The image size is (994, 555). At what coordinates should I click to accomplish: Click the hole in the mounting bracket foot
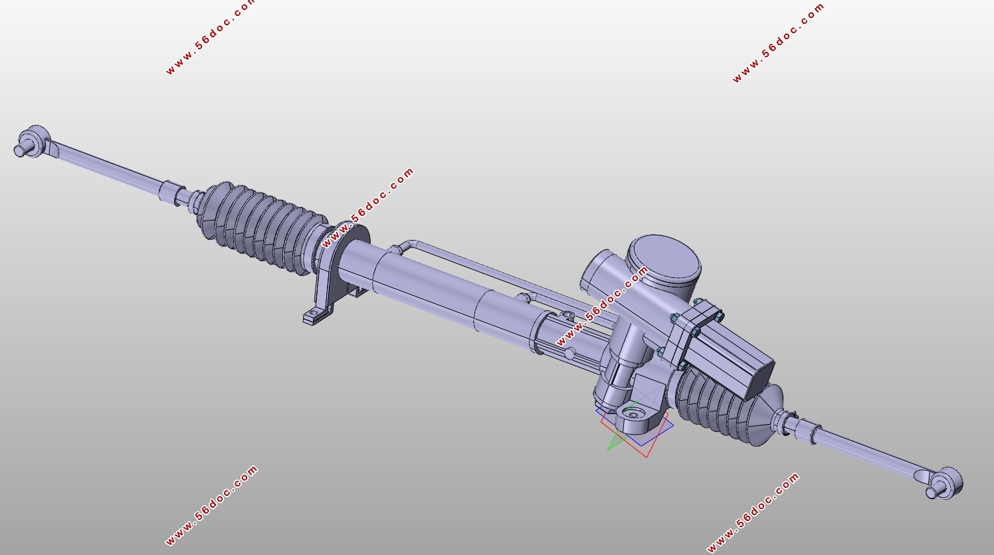[x=314, y=314]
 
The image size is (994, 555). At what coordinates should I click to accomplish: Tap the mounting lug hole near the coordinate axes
[x=632, y=415]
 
